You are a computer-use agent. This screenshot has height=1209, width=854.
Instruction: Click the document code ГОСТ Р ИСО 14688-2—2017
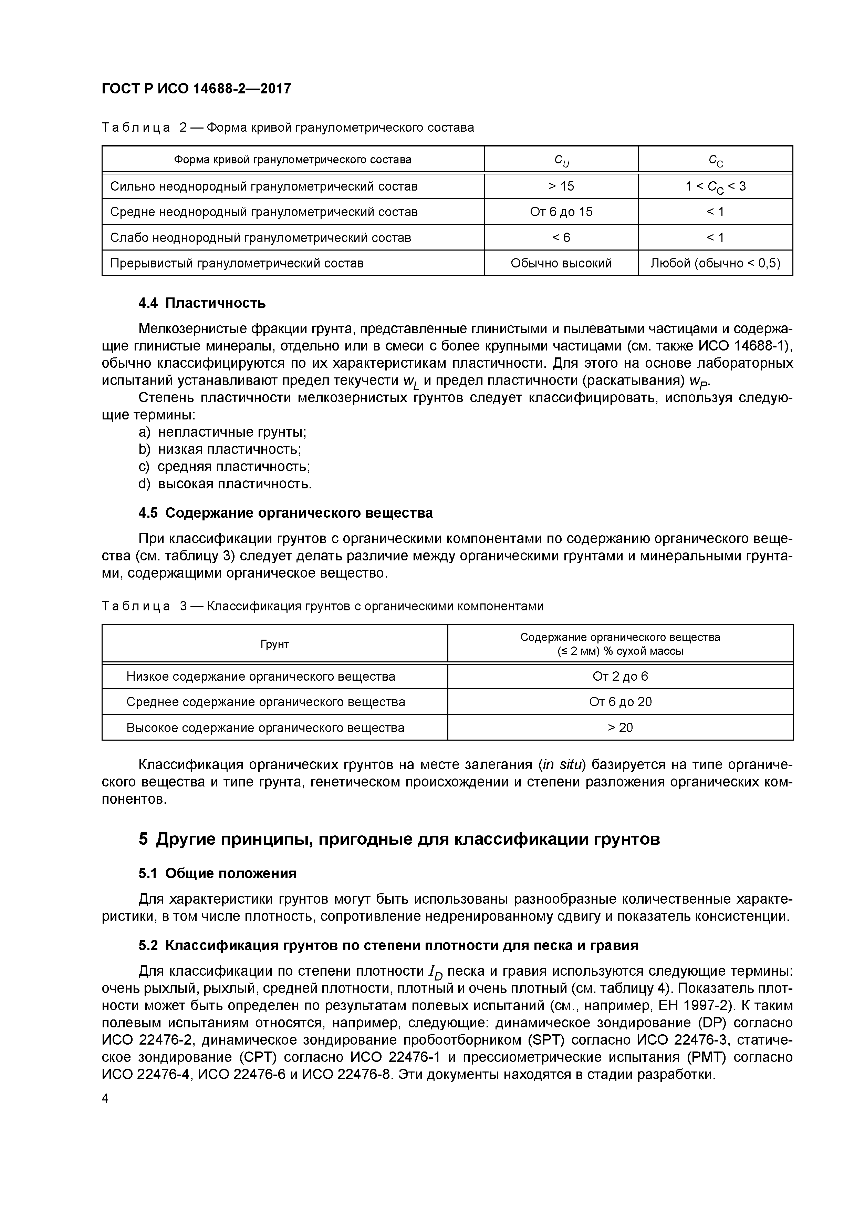pyautogui.click(x=196, y=89)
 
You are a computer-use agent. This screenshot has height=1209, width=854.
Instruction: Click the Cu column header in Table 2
pyautogui.click(x=561, y=160)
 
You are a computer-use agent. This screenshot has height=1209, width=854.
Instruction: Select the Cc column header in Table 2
pyautogui.click(x=715, y=160)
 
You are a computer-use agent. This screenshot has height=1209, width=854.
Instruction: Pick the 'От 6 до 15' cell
pyautogui.click(x=561, y=212)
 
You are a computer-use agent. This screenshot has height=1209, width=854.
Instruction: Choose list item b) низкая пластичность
pyautogui.click(x=220, y=449)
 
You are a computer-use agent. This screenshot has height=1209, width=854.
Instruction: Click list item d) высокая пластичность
pyautogui.click(x=225, y=484)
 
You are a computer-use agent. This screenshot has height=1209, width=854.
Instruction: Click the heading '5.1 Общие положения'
pyautogui.click(x=217, y=874)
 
